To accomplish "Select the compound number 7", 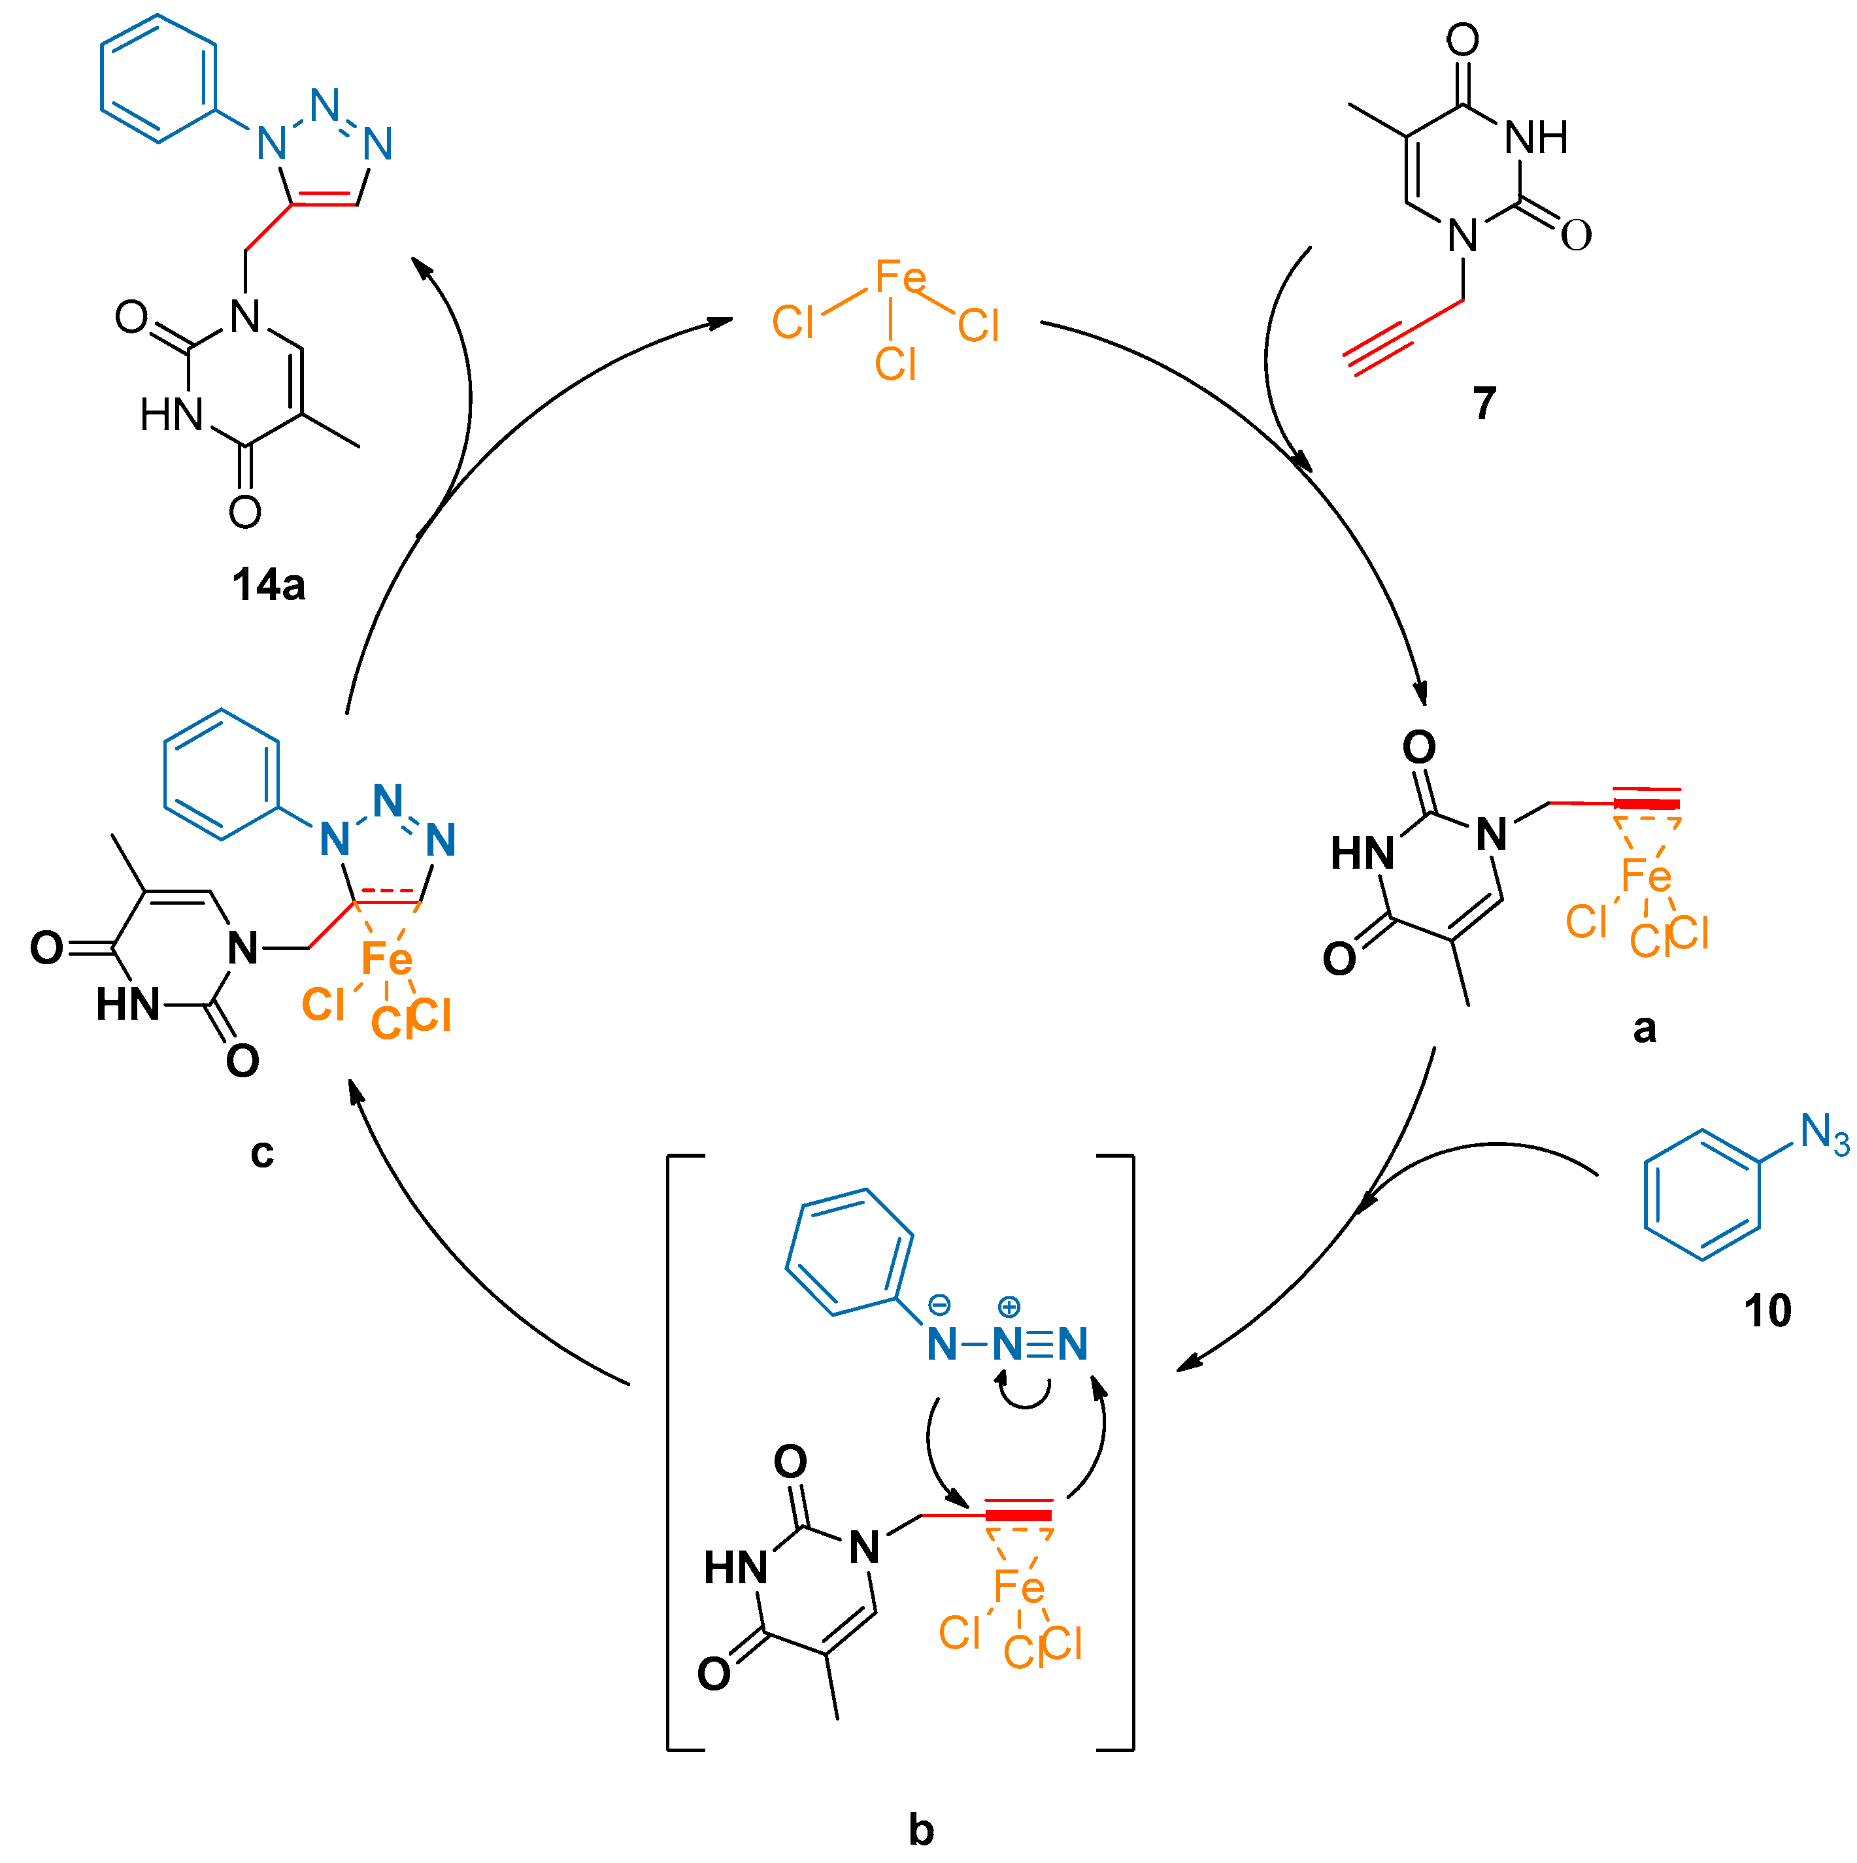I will coord(1484,403).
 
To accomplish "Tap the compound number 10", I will coord(1767,1311).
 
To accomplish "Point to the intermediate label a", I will coord(1644,1029).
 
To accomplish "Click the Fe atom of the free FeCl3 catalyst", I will coord(899,278).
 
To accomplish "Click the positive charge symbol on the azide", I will coord(1009,1307).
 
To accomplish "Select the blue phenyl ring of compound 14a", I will coord(158,79).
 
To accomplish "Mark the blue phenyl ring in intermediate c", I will coord(222,775).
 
